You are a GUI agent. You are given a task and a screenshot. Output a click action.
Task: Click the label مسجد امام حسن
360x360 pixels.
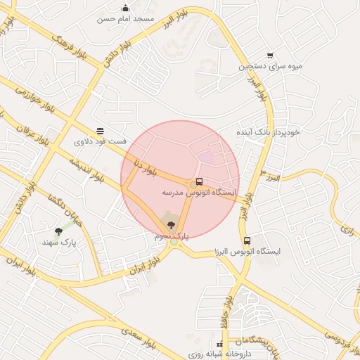[125, 19]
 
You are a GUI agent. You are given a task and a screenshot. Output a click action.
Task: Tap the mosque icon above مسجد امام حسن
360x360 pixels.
[125, 8]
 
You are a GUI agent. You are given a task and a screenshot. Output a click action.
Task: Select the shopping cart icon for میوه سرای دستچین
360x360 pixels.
[270, 56]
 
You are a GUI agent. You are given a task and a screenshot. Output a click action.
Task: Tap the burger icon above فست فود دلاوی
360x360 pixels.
[101, 131]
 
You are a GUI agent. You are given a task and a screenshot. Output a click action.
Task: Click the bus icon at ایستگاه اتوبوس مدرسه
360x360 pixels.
[200, 181]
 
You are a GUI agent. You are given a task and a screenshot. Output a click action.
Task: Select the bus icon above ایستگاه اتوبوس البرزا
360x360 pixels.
[246, 240]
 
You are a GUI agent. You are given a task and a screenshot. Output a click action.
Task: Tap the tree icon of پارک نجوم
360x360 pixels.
[171, 225]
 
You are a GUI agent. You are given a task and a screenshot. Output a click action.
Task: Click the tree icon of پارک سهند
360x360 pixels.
[58, 231]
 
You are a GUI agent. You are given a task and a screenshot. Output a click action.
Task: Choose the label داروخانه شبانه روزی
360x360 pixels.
[220, 354]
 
